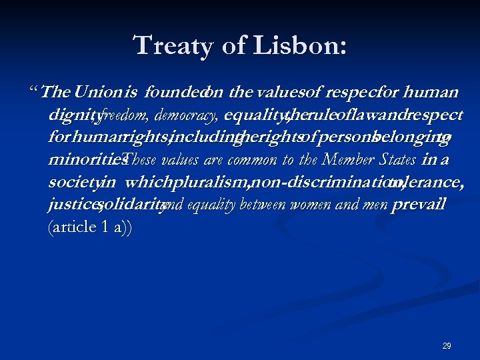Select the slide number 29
click(447, 346)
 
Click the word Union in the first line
click(99, 91)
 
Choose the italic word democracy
click(186, 115)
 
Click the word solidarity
click(131, 205)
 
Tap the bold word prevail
click(419, 205)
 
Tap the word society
click(73, 182)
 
